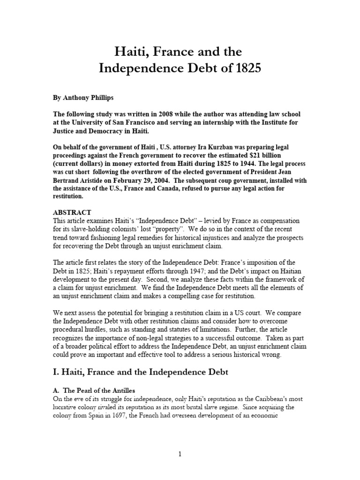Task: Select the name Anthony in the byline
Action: [77, 100]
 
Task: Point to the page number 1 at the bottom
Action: [180, 454]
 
